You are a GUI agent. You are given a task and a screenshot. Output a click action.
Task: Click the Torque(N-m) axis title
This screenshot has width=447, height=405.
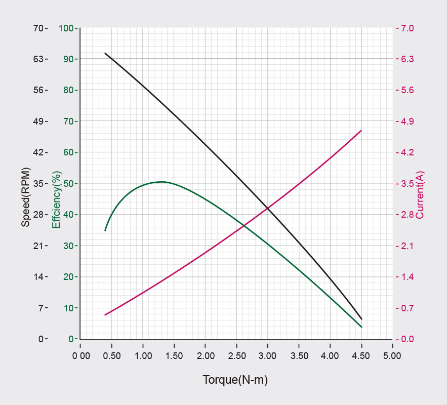[x=235, y=380]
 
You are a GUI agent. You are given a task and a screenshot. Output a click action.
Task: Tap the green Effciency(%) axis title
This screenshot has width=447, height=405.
[x=56, y=199]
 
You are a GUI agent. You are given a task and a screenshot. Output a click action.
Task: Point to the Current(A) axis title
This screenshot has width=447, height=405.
[x=420, y=195]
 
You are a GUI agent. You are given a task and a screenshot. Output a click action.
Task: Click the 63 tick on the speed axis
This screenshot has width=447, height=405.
[x=39, y=59]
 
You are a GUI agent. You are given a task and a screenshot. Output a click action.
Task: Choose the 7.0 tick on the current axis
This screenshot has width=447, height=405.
[x=407, y=28]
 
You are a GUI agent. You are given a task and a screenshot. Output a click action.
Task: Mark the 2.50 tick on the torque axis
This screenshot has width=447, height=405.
[x=236, y=356]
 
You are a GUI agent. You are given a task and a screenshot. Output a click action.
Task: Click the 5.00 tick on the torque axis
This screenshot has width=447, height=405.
[x=392, y=356]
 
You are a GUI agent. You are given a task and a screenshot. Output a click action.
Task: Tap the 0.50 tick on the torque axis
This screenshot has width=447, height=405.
[x=112, y=356]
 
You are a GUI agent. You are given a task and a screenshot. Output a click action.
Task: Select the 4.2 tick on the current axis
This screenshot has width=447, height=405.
[x=407, y=152]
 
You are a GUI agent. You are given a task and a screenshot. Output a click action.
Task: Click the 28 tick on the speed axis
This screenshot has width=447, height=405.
[x=39, y=215]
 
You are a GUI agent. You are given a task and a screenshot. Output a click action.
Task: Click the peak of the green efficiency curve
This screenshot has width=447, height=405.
[x=161, y=181]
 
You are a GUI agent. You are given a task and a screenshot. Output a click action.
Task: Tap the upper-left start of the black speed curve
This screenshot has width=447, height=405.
[x=105, y=53]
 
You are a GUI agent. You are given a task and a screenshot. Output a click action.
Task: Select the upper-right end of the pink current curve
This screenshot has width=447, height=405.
[x=361, y=131]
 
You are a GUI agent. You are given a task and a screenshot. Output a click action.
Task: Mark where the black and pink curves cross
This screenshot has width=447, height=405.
[x=268, y=208]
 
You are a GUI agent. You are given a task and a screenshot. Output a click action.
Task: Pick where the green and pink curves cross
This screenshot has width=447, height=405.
[x=244, y=225]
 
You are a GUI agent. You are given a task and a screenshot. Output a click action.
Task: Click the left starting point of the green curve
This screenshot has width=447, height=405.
[x=105, y=230]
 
